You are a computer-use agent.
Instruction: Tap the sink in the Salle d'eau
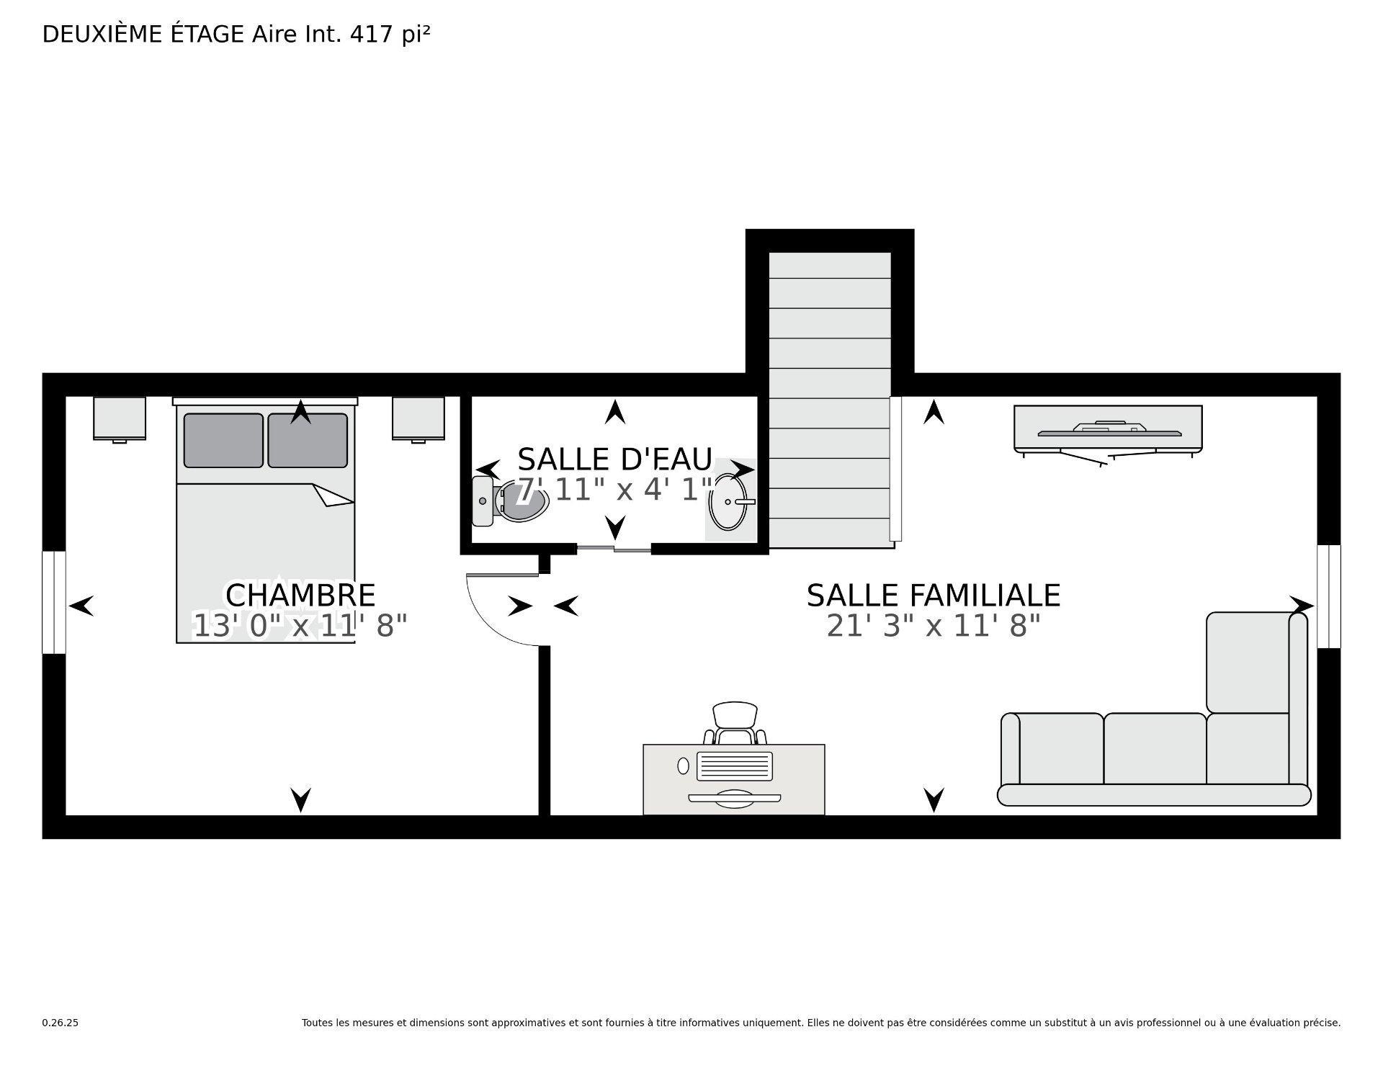click(729, 502)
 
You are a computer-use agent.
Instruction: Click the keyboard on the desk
click(734, 766)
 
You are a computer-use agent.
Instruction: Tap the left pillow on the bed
click(223, 440)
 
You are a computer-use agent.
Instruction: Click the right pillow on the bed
click(308, 440)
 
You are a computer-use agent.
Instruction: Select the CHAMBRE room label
click(300, 596)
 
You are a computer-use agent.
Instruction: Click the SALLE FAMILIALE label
click(933, 596)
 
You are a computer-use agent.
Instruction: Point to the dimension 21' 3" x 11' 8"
click(933, 626)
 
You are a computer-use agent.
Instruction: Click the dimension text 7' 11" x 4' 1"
click(614, 490)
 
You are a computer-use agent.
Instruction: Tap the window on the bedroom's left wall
click(54, 602)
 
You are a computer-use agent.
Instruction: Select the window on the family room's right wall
click(1329, 596)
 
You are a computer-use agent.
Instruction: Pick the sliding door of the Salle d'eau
click(614, 549)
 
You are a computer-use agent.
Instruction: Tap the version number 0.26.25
click(60, 1023)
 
